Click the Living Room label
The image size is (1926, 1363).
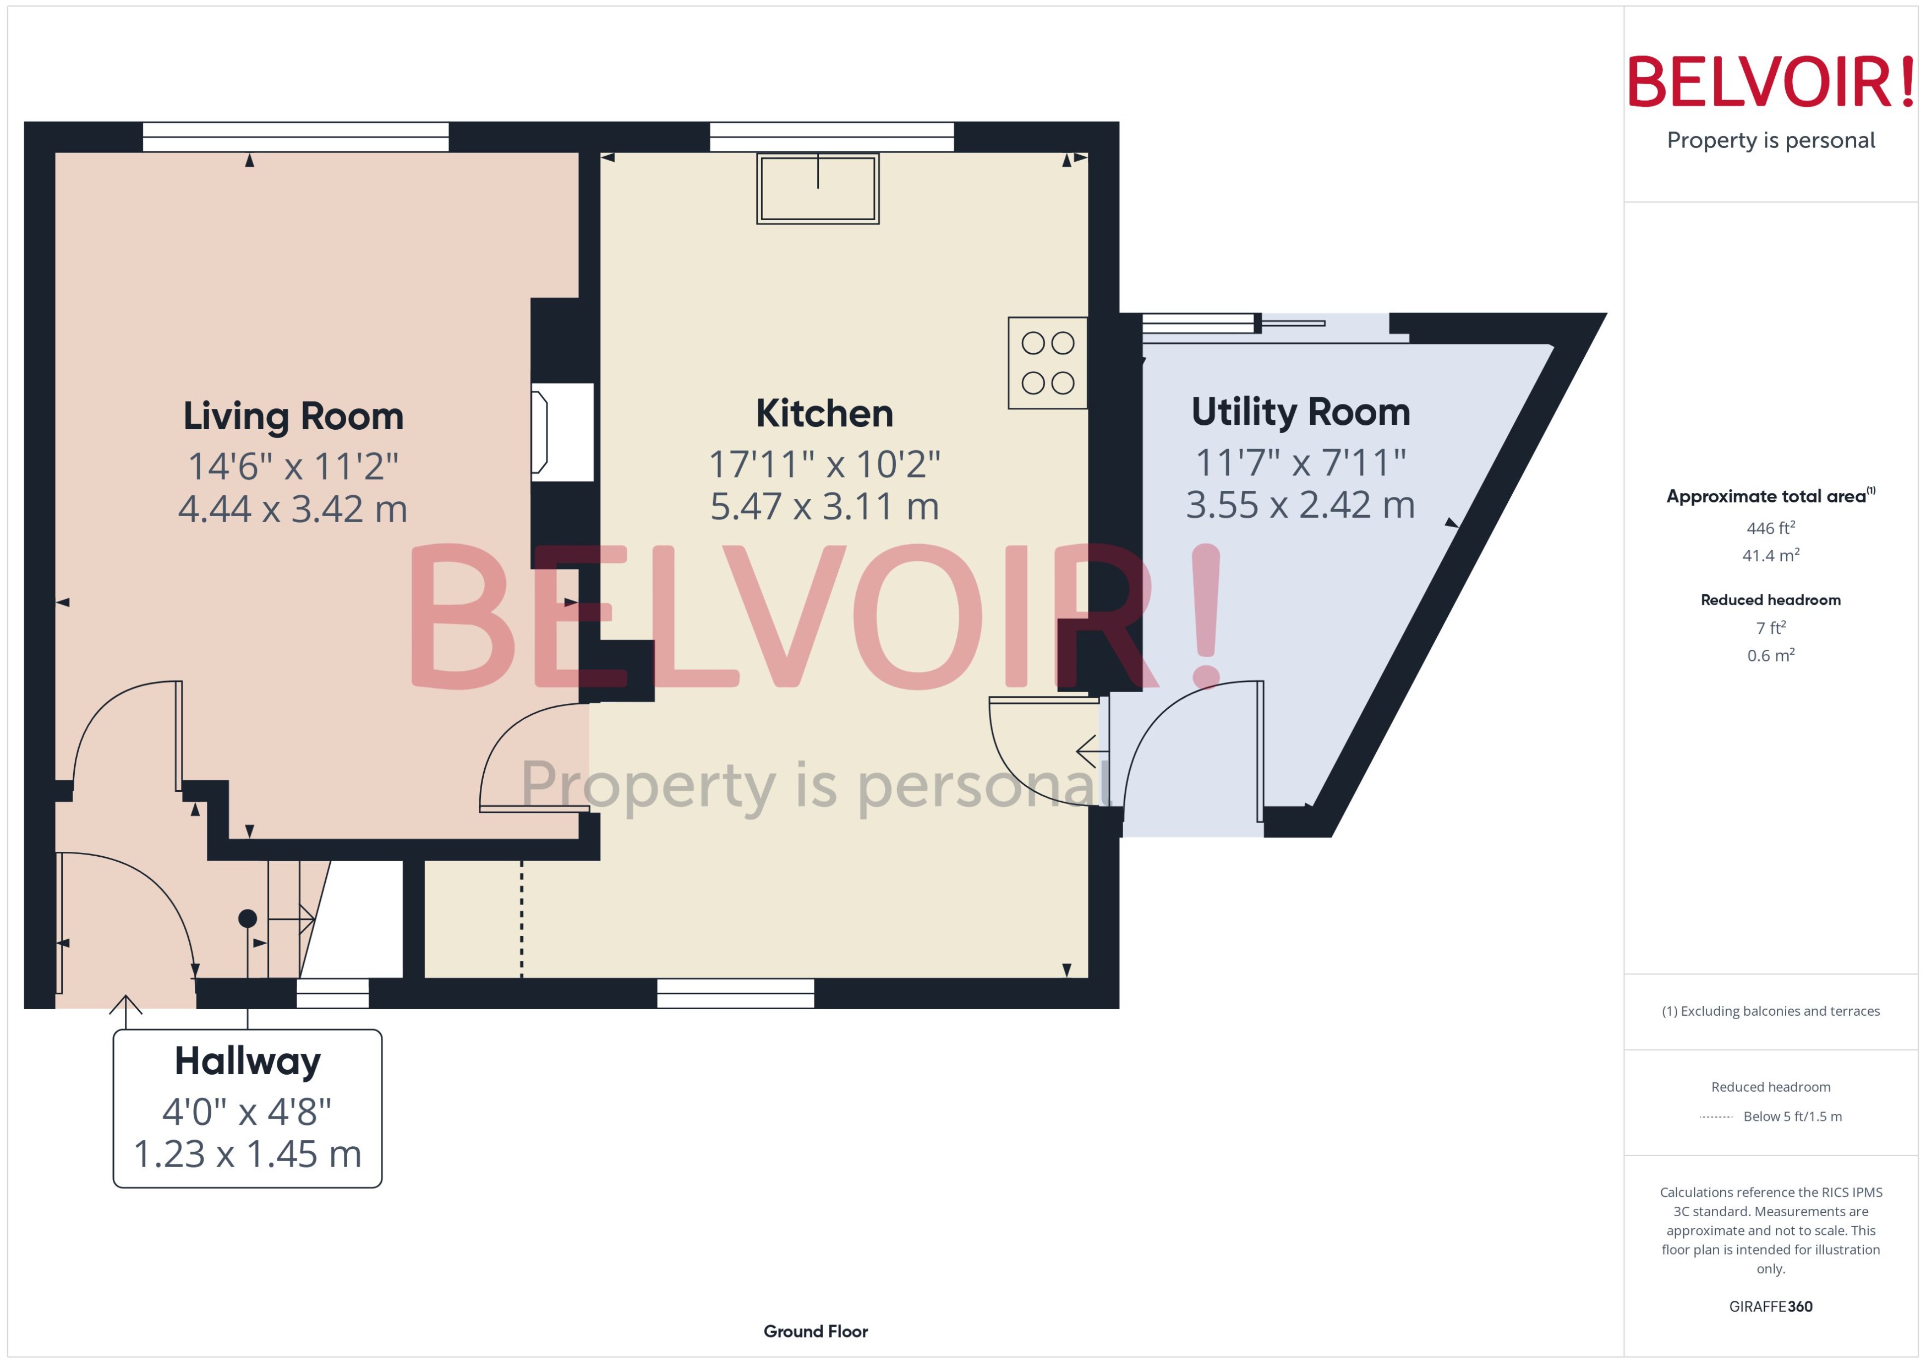pos(293,417)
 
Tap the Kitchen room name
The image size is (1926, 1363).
pos(824,414)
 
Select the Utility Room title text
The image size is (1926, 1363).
pos(1300,412)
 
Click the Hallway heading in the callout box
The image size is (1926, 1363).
pos(248,1061)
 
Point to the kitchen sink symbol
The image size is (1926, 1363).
pos(817,188)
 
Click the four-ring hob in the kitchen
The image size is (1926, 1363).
pos(1047,363)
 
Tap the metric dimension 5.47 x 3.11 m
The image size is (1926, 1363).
pos(824,507)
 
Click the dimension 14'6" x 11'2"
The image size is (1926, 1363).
pos(293,467)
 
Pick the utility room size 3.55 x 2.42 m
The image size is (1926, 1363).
pos(1300,505)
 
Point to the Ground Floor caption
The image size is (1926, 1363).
pos(815,1331)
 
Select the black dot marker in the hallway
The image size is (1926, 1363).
pos(248,918)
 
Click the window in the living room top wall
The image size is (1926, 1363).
pos(296,137)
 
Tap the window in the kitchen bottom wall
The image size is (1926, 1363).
pos(735,994)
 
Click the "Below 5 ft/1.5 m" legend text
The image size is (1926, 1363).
pos(1793,1116)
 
